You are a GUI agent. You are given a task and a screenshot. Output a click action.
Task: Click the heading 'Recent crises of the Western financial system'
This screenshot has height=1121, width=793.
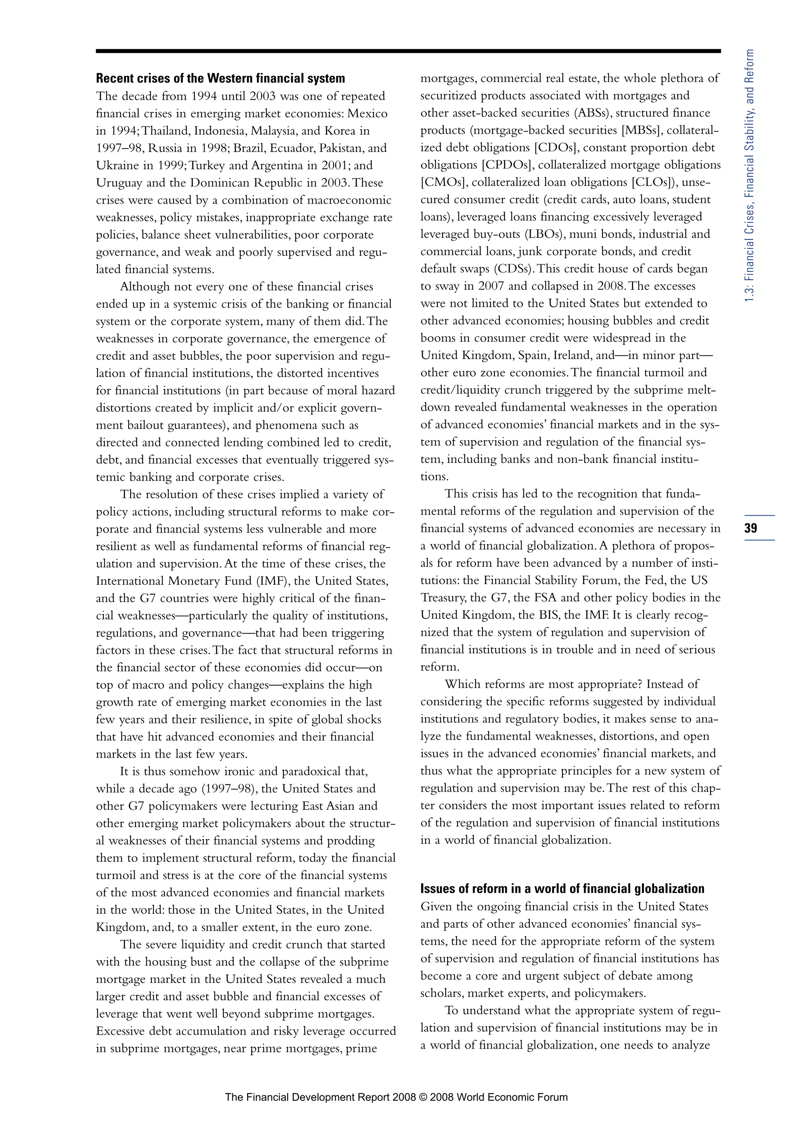220,79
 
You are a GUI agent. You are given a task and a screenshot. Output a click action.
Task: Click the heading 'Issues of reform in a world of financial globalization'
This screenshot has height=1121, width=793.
562,889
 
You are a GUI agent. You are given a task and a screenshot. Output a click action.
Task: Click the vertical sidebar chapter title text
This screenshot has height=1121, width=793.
750,176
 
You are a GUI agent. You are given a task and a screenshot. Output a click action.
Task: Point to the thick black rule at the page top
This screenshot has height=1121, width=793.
408,51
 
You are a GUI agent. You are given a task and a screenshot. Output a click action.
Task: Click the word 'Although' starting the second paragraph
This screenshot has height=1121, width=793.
144,286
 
